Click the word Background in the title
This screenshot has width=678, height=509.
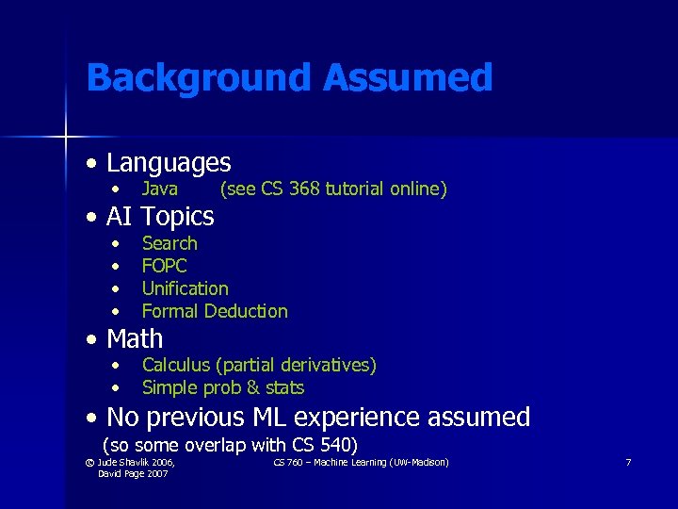pyautogui.click(x=199, y=77)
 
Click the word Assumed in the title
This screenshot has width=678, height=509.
pyautogui.click(x=407, y=77)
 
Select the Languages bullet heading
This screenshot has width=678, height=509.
pyautogui.click(x=169, y=163)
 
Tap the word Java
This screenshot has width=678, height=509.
pyautogui.click(x=160, y=189)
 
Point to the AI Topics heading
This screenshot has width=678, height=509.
pyautogui.click(x=160, y=217)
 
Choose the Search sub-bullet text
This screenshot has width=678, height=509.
pyautogui.click(x=169, y=243)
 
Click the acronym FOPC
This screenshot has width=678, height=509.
pyautogui.click(x=164, y=266)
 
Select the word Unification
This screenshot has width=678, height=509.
pyautogui.click(x=185, y=288)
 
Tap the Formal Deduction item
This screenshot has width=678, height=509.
pyautogui.click(x=215, y=311)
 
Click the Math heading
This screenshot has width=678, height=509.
pyautogui.click(x=135, y=338)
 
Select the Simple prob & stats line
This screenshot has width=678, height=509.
pyautogui.click(x=222, y=387)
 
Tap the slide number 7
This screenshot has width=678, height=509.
pyautogui.click(x=628, y=463)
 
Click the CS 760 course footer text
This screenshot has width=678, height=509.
pyautogui.click(x=361, y=462)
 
